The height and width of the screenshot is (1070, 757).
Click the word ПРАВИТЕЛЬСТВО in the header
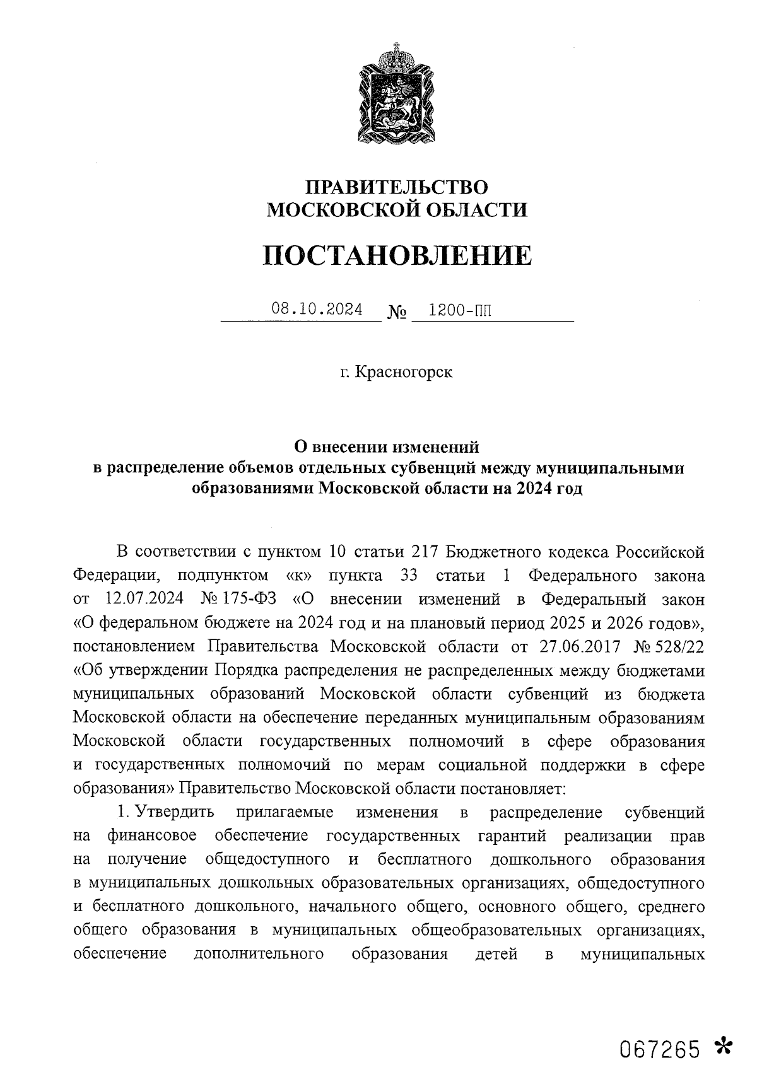(x=397, y=187)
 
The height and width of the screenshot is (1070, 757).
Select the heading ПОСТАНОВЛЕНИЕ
(x=397, y=255)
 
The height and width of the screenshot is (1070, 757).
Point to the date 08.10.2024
(x=317, y=310)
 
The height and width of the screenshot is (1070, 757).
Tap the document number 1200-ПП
(x=459, y=310)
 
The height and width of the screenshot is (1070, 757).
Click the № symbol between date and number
(x=396, y=312)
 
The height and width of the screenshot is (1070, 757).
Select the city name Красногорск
(x=404, y=372)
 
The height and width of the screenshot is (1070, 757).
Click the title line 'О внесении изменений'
(x=388, y=447)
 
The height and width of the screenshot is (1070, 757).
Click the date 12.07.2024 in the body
(x=140, y=599)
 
